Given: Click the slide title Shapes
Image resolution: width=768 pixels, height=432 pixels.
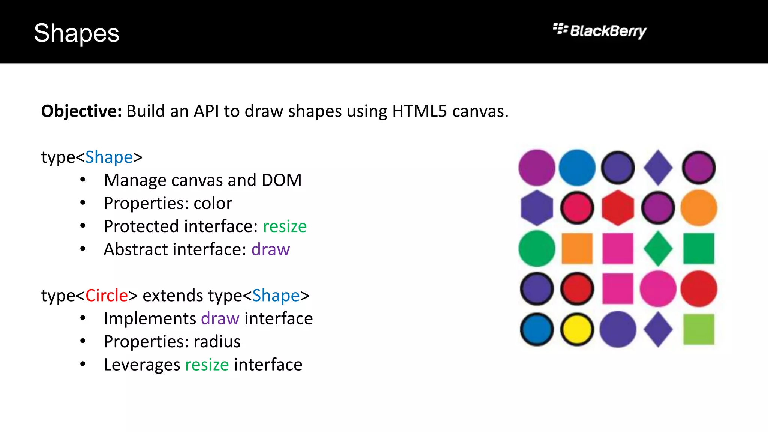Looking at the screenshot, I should coord(76,33).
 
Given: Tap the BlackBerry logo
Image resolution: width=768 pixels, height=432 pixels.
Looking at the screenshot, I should coord(600,30).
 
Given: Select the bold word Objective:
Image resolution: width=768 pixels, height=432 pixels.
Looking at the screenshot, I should coord(81,111).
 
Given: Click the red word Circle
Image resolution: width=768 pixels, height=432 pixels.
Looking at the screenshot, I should coord(107,295).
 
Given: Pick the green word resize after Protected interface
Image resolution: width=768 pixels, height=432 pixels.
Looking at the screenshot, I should coord(285,226).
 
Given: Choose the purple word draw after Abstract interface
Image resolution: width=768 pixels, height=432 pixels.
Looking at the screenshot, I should coord(270,249).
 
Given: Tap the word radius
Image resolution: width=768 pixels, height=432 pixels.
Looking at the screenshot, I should coord(217,342).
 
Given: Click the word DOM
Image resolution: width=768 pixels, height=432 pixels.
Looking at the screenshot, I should coord(282,180).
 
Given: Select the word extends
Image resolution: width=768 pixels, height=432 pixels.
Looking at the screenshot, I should coord(173,295).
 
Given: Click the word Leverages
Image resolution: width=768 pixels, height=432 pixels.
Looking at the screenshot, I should coord(142,364).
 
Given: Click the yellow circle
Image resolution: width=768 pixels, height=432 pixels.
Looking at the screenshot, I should coord(577,329).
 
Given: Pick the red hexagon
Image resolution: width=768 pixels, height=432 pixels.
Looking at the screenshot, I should coord(618,208).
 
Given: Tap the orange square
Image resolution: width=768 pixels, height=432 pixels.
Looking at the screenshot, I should coord(577,248).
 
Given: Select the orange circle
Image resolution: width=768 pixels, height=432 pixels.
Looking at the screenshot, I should coord(699,208).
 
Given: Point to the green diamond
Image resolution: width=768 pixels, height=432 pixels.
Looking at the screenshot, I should coord(658,248).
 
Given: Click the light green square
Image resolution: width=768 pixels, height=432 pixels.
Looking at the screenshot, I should coord(699,329).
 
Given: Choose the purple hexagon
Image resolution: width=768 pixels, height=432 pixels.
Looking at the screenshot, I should coord(537,208).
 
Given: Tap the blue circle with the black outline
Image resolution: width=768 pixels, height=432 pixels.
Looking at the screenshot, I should coord(537,329).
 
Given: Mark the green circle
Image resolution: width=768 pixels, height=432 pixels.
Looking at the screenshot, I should coord(537,248).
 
